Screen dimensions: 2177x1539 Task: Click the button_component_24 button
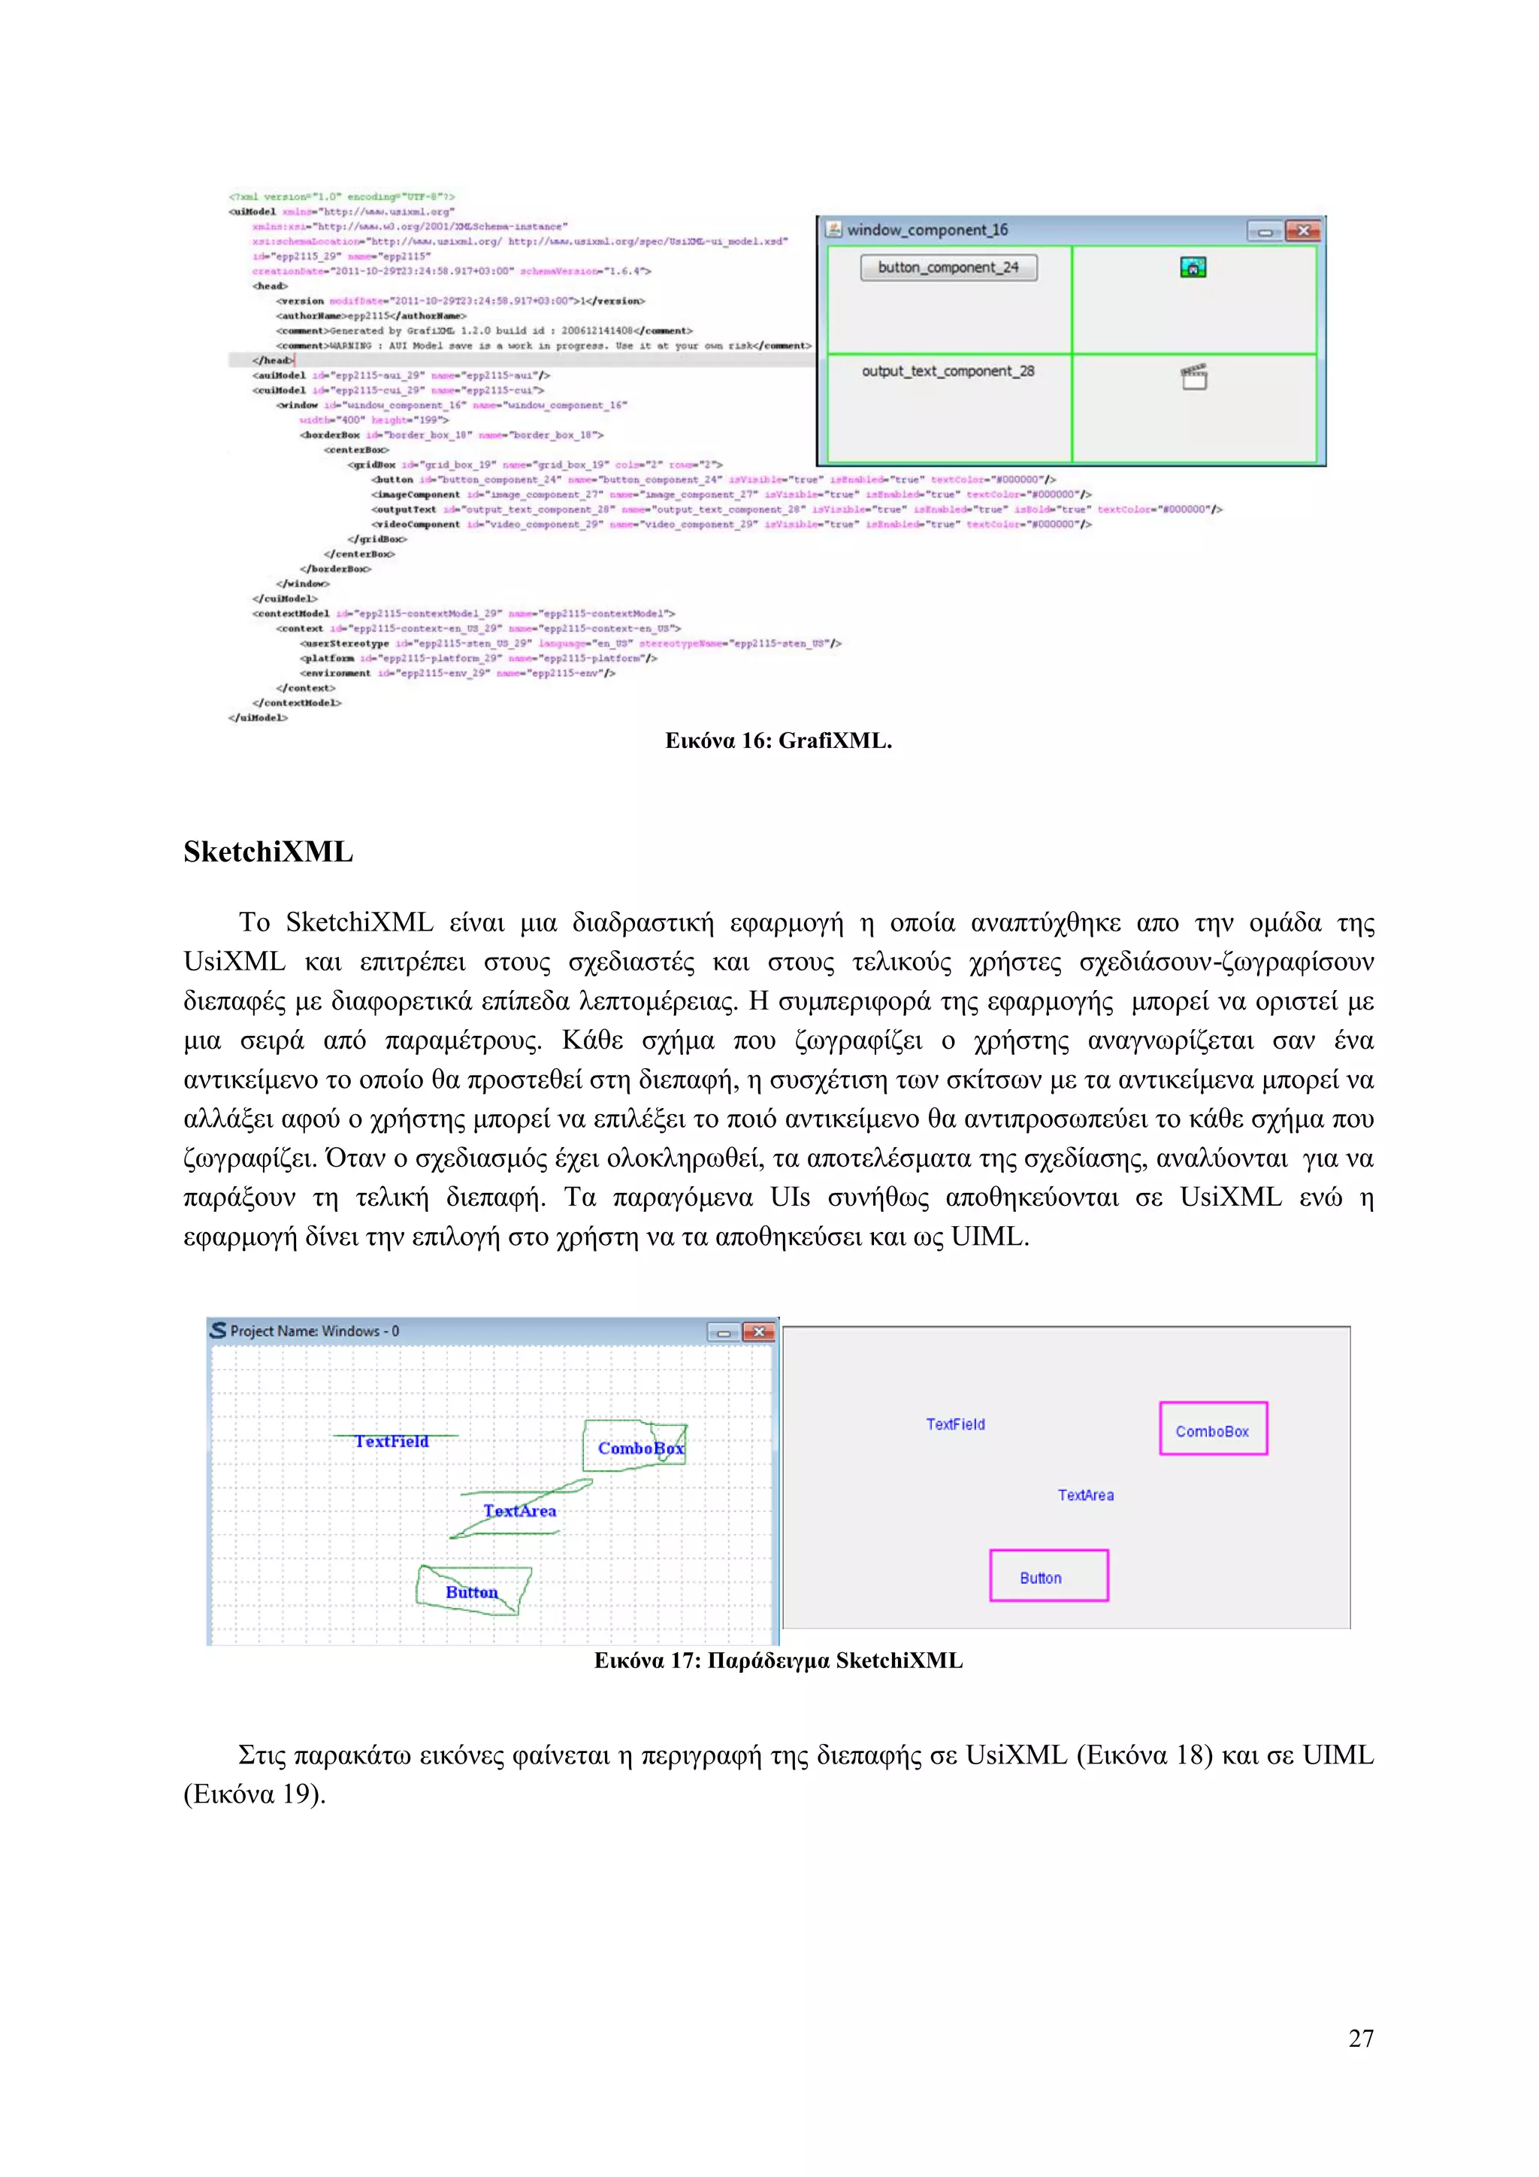pyautogui.click(x=948, y=268)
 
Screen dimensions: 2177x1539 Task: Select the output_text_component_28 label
pyautogui.click(x=948, y=371)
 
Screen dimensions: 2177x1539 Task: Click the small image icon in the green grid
pyautogui.click(x=1193, y=268)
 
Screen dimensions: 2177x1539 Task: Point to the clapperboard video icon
pyautogui.click(x=1194, y=377)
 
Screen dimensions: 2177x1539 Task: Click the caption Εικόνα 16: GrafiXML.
pyautogui.click(x=778, y=740)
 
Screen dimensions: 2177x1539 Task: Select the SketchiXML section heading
pyautogui.click(x=268, y=852)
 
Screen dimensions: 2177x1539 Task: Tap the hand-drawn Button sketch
pyautogui.click(x=472, y=1592)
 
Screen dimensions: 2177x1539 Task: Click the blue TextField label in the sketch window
pyautogui.click(x=392, y=1441)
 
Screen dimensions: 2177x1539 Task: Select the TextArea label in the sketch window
pyautogui.click(x=519, y=1510)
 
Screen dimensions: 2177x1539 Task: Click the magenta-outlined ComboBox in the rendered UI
pyautogui.click(x=1213, y=1429)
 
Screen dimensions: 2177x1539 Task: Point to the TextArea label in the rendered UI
pyautogui.click(x=1086, y=1495)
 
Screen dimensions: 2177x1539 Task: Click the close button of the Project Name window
pyautogui.click(x=758, y=1332)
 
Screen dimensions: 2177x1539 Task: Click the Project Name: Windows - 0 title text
pyautogui.click(x=315, y=1331)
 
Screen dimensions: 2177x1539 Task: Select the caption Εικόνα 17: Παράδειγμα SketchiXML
pyautogui.click(x=778, y=1661)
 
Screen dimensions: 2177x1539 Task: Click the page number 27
pyautogui.click(x=1361, y=2038)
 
